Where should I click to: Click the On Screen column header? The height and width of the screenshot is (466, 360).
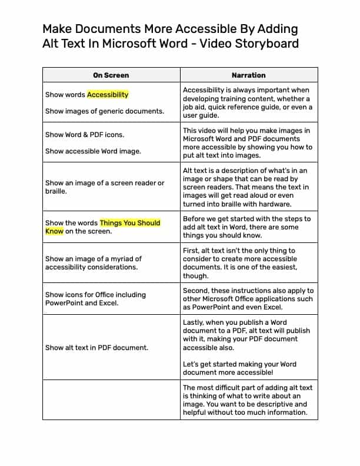tap(111, 75)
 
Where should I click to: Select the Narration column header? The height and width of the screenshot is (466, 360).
tap(248, 75)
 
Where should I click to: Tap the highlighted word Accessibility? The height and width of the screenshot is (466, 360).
tap(108, 94)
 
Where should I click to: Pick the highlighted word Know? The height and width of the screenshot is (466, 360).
tap(54, 231)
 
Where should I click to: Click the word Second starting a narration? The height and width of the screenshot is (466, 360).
tap(197, 291)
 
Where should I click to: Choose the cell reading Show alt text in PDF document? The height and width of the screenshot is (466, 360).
tap(96, 348)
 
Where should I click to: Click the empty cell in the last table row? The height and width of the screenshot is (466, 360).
tap(111, 400)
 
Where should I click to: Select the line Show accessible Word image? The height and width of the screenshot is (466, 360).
tap(93, 151)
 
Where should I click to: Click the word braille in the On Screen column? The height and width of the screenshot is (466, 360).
tap(56, 191)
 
